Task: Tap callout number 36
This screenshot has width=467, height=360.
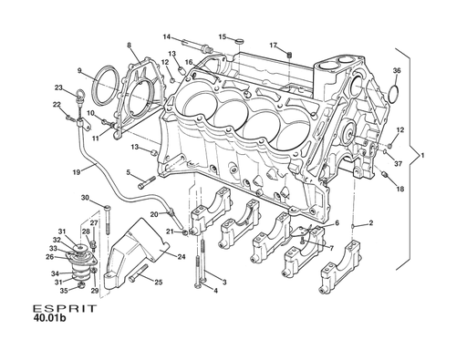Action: pyautogui.click(x=396, y=70)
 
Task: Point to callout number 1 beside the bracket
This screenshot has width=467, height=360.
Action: pyautogui.click(x=421, y=156)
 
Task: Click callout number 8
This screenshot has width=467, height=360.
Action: pyautogui.click(x=129, y=46)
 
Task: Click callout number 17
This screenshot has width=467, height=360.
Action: pyautogui.click(x=273, y=44)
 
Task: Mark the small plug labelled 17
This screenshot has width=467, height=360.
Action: pyautogui.click(x=288, y=55)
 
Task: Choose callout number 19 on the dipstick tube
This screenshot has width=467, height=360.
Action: pyautogui.click(x=77, y=171)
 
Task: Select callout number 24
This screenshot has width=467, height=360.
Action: pyautogui.click(x=182, y=257)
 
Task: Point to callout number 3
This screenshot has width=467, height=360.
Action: pyautogui.click(x=224, y=283)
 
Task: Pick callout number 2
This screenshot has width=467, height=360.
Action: pyautogui.click(x=370, y=223)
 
